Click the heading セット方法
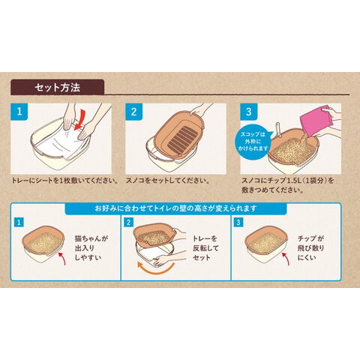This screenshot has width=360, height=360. point(58,88)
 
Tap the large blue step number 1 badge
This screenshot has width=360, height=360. point(19,112)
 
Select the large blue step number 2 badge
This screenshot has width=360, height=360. point(133,112)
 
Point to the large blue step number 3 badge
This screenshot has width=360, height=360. point(248,112)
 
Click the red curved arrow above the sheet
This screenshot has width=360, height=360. point(80,121)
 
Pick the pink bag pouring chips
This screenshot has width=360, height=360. point(316,121)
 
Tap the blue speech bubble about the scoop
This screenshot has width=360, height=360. point(253,142)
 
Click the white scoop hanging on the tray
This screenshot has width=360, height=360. point(277,129)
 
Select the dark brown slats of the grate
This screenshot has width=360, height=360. point(181,138)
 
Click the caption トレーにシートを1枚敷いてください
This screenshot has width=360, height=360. point(64,181)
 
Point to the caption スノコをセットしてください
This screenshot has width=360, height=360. point(167,181)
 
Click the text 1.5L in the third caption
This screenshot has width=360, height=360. point(295,181)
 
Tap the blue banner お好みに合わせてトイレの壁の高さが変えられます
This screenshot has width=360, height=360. point(175,208)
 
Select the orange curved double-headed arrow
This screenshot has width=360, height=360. point(155,269)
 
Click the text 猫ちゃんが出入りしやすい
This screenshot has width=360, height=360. point(91,248)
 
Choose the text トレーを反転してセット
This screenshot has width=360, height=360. point(205,248)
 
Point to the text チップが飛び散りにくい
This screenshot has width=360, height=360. point(310,248)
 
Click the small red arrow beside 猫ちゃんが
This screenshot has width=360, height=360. point(63,258)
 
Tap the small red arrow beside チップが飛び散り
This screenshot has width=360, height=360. point(286,258)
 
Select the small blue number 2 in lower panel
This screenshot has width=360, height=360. point(128,222)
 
